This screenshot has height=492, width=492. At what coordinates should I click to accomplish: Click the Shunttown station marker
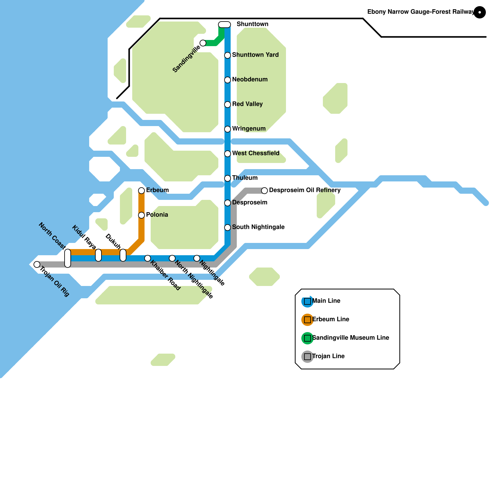click(224, 25)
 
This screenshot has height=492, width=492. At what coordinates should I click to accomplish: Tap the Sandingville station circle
click(203, 43)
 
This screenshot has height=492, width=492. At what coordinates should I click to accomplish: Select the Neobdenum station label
click(250, 79)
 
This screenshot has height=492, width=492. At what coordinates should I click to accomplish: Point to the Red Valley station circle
click(228, 105)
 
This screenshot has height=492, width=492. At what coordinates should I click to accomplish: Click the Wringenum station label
click(249, 129)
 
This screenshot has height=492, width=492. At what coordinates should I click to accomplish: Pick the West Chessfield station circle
click(228, 154)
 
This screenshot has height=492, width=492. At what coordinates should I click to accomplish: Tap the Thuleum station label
click(245, 178)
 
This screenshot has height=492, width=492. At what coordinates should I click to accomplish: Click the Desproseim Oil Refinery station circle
click(264, 191)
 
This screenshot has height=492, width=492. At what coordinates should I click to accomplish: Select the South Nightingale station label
click(258, 227)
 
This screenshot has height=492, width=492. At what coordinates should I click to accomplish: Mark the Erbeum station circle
click(141, 191)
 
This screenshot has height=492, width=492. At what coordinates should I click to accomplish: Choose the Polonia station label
click(157, 215)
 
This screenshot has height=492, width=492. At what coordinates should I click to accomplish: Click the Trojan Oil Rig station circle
click(37, 264)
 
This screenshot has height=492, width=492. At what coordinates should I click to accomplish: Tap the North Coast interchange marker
click(68, 258)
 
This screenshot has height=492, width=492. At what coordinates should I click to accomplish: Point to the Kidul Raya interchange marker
click(98, 255)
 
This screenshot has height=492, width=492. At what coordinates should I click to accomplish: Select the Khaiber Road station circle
click(148, 258)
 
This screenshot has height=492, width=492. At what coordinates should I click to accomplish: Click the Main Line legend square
click(307, 301)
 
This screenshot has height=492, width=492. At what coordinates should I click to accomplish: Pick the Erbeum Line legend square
click(307, 320)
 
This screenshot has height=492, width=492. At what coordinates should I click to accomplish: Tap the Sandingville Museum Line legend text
click(351, 338)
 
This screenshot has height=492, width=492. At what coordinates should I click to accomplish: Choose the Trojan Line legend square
click(307, 357)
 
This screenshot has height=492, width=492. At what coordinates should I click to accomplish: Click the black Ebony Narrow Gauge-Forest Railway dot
click(480, 12)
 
